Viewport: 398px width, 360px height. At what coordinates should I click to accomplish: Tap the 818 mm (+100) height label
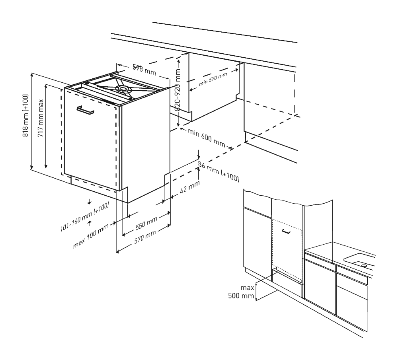coord(25,116)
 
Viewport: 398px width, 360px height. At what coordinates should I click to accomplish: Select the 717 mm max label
coord(41,118)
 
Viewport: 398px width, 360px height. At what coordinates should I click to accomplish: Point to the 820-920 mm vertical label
coord(178,90)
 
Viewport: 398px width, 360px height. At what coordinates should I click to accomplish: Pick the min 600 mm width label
coord(206,138)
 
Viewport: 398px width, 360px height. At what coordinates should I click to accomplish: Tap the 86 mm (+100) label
coord(219,172)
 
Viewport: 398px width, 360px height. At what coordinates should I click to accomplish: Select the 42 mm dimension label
coord(189,187)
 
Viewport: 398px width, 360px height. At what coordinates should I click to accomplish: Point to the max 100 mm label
coord(91,236)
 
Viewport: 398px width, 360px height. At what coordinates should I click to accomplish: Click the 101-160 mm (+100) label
coord(85,216)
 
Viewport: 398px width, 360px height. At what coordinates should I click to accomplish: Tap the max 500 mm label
coord(241,292)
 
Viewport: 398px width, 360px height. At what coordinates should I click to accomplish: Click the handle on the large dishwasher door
coord(85,110)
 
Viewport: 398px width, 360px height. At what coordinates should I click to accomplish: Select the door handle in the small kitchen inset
coord(286,231)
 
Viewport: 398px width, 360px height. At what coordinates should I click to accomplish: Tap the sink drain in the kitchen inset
coord(364,265)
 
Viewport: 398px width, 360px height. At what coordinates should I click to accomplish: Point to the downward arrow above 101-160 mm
coord(89,202)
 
